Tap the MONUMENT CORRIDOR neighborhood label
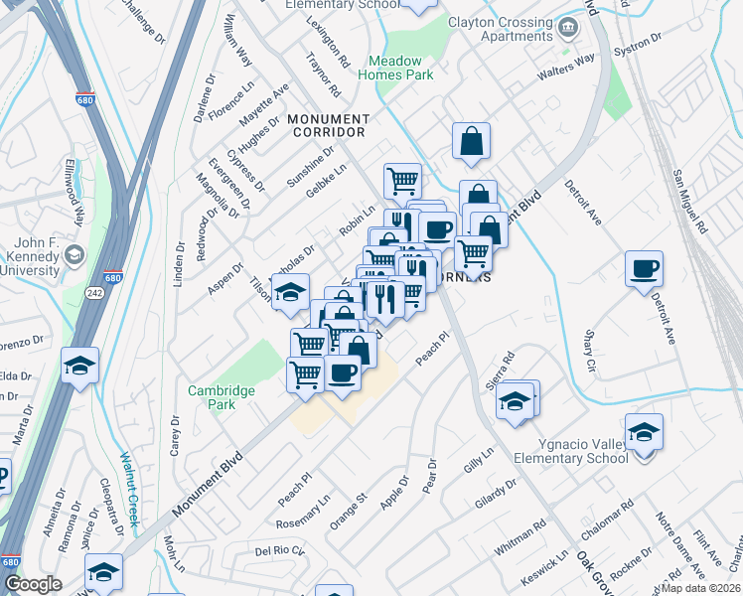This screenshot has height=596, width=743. coord(327,125)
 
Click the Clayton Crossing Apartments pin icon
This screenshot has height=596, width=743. coord(568,26)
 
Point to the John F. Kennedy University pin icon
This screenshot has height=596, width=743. coord(74,257)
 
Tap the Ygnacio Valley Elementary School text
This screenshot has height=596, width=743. coord(571,451)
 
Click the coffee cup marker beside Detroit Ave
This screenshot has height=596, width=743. coord(644,268)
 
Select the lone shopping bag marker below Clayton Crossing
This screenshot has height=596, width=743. coord(471,141)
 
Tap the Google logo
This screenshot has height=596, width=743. coord(33,583)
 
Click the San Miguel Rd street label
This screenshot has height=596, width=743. coord(688,200)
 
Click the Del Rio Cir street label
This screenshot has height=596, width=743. coord(277,550)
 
